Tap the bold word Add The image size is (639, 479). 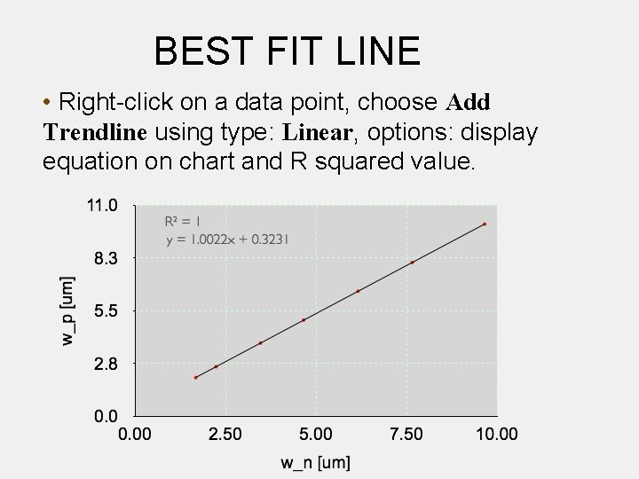(x=469, y=103)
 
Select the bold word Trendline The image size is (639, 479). (x=94, y=133)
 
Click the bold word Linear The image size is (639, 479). (x=318, y=133)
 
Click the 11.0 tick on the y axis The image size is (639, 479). (x=101, y=206)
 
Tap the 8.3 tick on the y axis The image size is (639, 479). (x=106, y=258)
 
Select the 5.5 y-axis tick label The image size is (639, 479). (x=106, y=310)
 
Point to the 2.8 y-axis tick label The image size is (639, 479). (x=106, y=363)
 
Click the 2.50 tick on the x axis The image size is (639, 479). (x=225, y=434)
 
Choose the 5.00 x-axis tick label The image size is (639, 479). (x=315, y=434)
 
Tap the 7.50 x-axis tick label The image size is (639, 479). (x=406, y=434)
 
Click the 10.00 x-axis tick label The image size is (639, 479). (x=496, y=434)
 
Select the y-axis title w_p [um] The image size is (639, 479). (x=68, y=310)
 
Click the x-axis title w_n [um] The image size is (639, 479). (x=315, y=462)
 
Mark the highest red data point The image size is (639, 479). (x=485, y=224)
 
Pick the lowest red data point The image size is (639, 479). (x=196, y=378)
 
